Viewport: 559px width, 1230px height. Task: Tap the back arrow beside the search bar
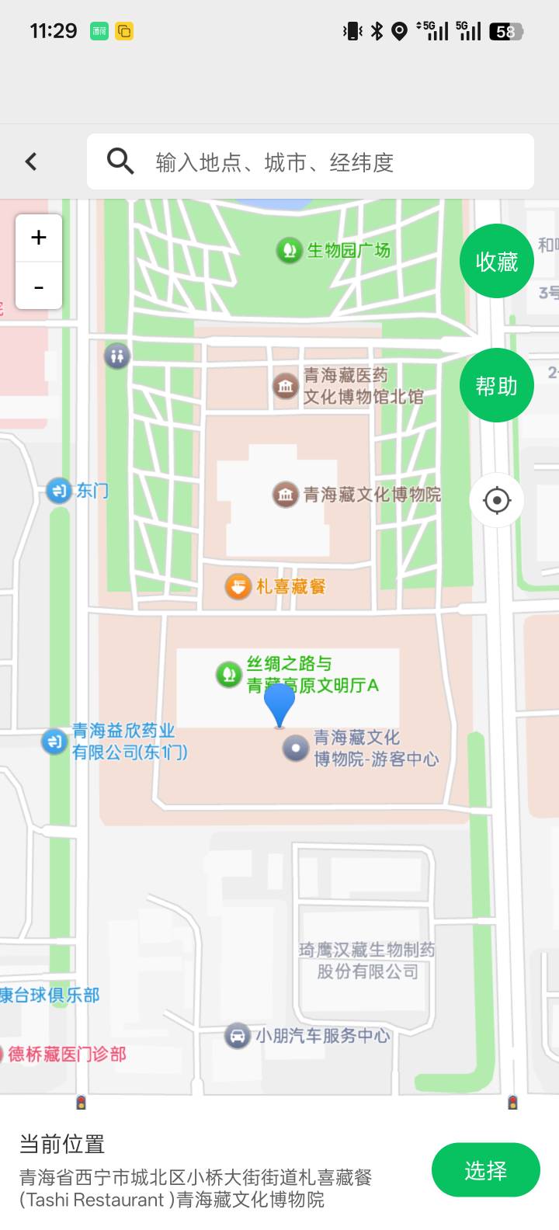pos(31,162)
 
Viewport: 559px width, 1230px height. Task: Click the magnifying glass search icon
pos(120,162)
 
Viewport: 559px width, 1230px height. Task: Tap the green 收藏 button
pos(497,262)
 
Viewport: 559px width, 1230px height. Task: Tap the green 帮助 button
pos(497,385)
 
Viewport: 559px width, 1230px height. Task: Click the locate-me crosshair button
pos(497,500)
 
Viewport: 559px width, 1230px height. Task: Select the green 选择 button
pos(485,1170)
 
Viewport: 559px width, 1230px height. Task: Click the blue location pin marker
pos(279,703)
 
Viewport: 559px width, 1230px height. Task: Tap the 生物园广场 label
pos(348,250)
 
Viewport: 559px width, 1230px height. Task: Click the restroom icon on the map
pos(117,356)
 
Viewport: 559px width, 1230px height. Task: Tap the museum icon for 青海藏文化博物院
pos(286,495)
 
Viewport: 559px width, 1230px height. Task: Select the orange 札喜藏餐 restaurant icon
pos(238,586)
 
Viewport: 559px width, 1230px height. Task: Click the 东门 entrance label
pos(92,491)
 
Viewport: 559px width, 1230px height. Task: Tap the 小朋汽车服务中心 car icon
pos(237,1035)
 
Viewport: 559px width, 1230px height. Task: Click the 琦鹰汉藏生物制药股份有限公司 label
pos(367,961)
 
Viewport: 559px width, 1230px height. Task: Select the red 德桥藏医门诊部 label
pos(67,1054)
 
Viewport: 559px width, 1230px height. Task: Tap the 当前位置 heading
pos(62,1144)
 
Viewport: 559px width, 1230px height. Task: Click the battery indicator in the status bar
pos(507,31)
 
